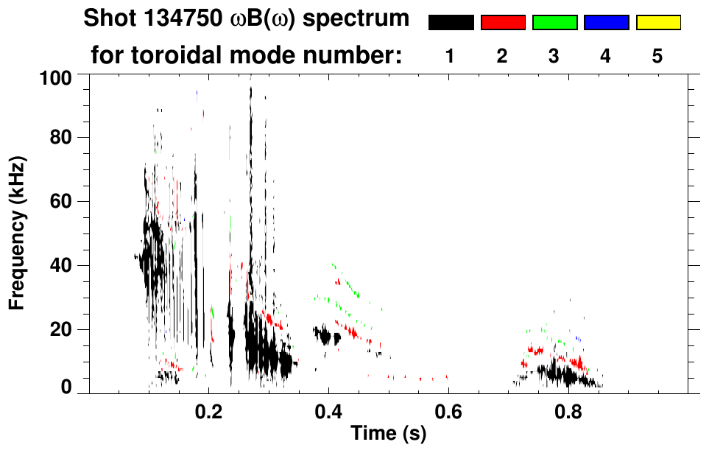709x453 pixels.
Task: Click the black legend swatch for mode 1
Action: click(x=451, y=23)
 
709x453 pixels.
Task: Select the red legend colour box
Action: click(x=503, y=23)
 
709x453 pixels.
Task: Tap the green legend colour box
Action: click(x=554, y=23)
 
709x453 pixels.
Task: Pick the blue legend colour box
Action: click(x=606, y=23)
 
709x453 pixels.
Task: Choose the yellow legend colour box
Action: click(x=657, y=23)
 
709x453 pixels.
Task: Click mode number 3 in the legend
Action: click(x=554, y=56)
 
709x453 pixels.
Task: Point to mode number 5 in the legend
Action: click(x=657, y=56)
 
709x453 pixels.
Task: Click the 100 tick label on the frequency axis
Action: click(x=55, y=76)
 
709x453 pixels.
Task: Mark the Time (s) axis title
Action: click(x=387, y=435)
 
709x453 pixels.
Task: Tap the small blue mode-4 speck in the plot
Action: click(x=579, y=338)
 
